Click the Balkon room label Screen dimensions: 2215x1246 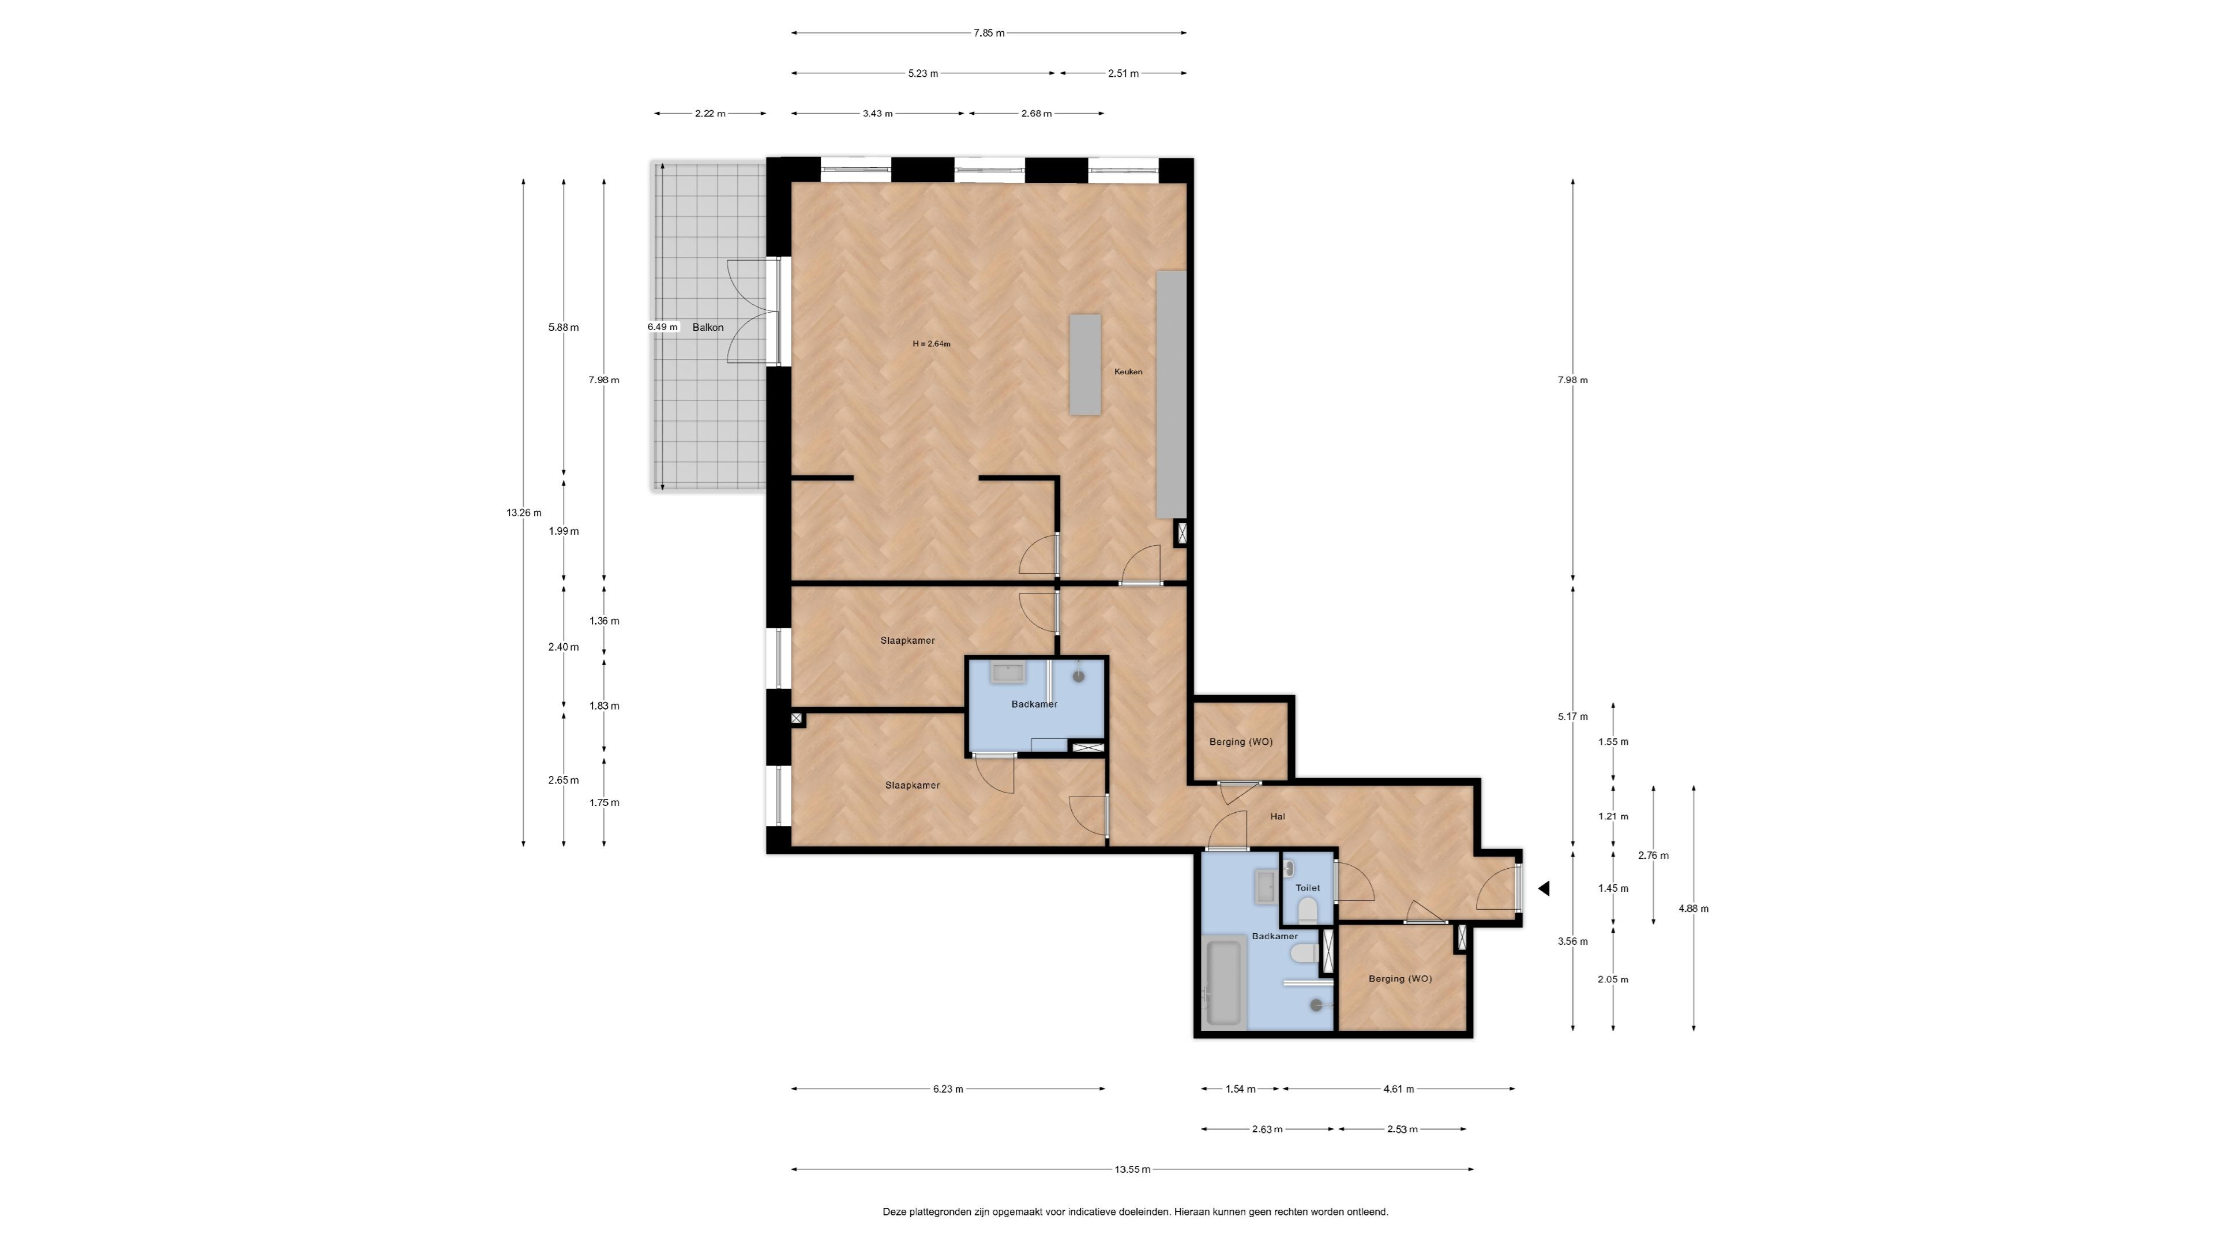tap(708, 328)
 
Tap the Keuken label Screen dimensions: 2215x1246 tap(1128, 371)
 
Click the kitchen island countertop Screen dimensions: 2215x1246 tap(1085, 365)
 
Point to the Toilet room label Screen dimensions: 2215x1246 tap(1307, 887)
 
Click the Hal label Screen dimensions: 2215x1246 tap(1278, 816)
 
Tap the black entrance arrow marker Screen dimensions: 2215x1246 tap(1544, 888)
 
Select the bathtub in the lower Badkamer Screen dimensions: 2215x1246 tap(1225, 984)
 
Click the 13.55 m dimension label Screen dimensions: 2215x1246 tap(1132, 1169)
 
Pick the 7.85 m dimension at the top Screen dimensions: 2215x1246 tap(989, 33)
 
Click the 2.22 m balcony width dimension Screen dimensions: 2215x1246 tap(710, 114)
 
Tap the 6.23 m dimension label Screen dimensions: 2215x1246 tap(948, 1090)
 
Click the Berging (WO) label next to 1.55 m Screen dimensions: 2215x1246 tap(1241, 741)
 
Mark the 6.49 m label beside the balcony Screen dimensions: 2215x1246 tap(663, 326)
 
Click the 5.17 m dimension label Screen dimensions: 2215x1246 tap(1572, 716)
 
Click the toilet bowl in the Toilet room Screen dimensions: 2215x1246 tap(1308, 910)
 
